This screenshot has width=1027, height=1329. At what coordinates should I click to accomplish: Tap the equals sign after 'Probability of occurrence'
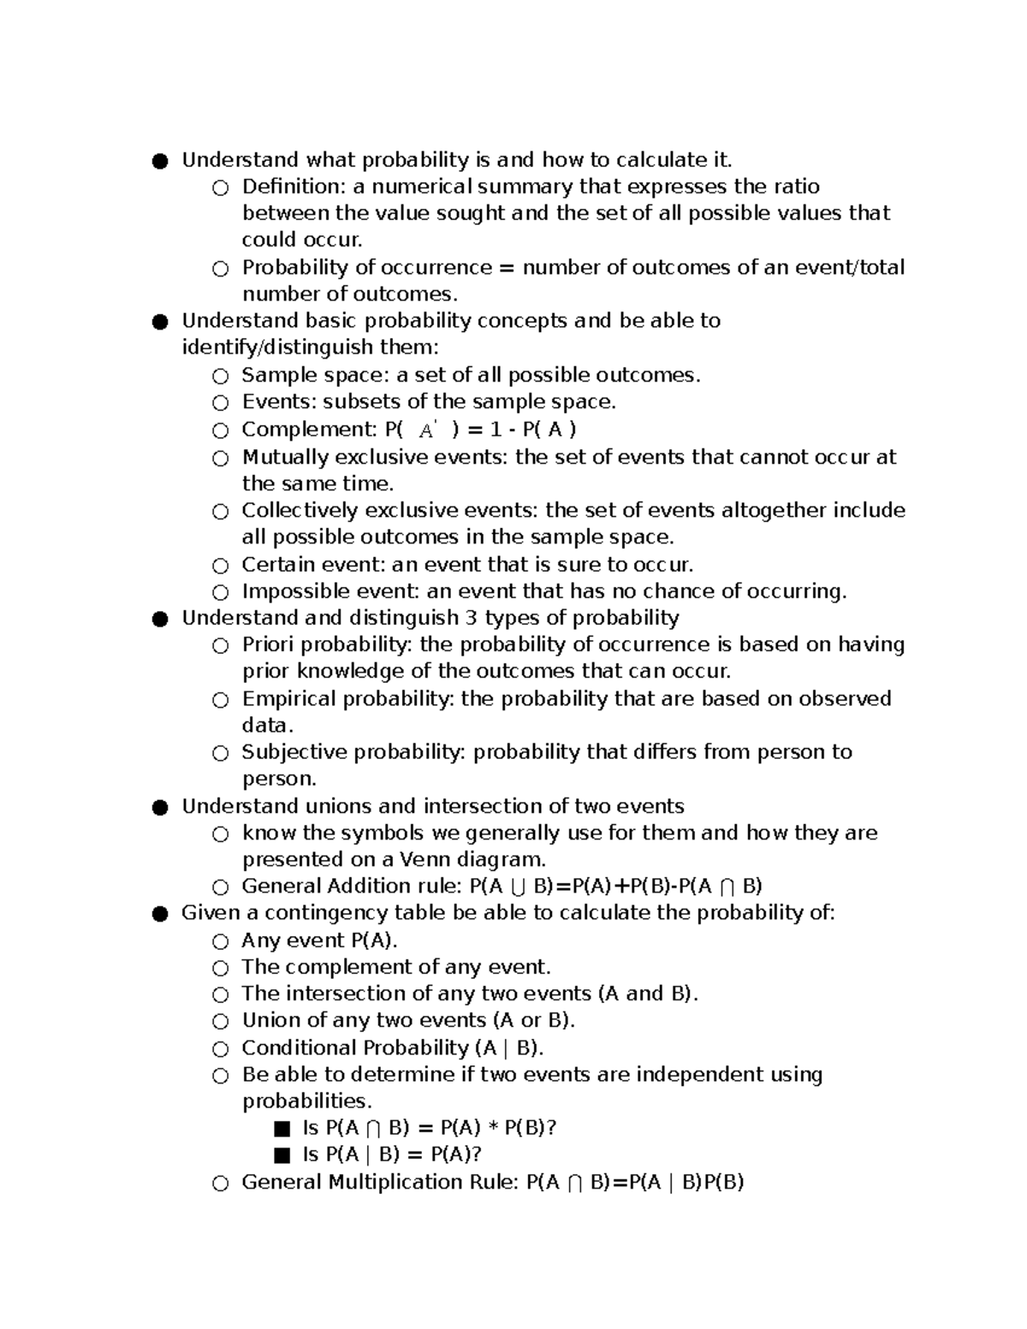click(507, 268)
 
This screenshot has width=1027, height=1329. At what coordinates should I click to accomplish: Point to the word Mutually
click(286, 457)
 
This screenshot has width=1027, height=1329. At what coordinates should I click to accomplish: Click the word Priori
click(269, 644)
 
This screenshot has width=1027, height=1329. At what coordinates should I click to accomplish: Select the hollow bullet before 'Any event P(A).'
click(221, 941)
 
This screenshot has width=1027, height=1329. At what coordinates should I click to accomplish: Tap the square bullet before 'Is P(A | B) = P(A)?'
click(282, 1155)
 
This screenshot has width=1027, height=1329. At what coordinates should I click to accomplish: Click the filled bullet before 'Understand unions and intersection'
click(159, 807)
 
